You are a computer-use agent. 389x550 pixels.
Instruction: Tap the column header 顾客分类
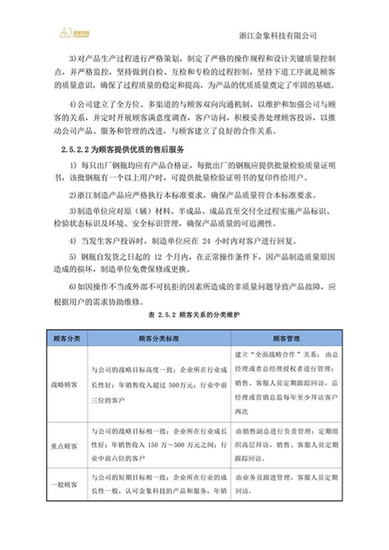[67, 338]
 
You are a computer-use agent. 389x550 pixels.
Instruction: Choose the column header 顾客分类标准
[159, 338]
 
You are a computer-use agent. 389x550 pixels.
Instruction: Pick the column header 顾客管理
[286, 338]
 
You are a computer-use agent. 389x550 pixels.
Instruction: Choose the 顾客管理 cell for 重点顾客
[286, 445]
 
